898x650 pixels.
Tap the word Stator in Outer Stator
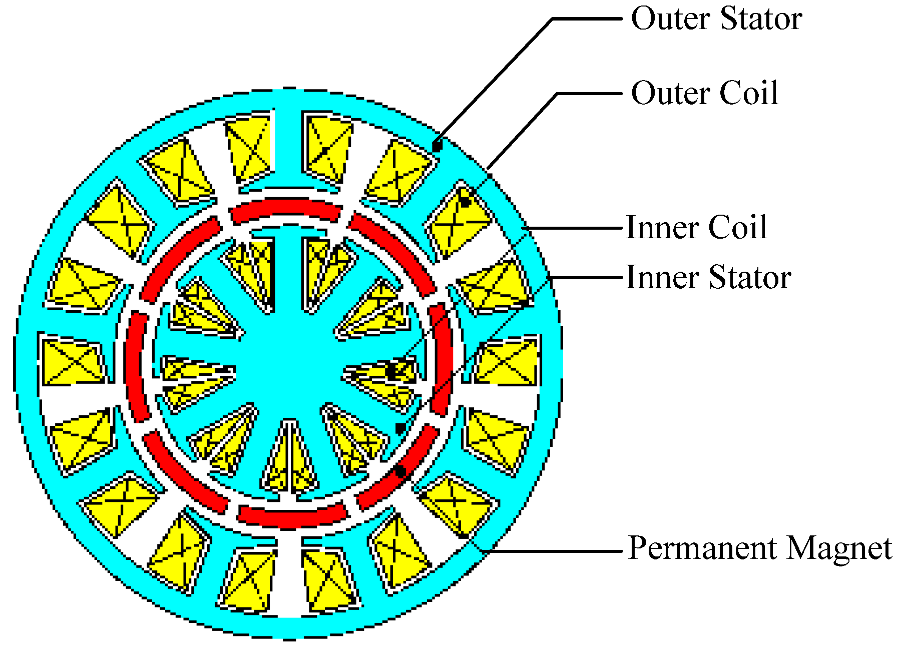(761, 19)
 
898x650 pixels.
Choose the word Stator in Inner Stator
(750, 277)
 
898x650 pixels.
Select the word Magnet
(839, 547)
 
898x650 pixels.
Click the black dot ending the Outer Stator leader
(437, 147)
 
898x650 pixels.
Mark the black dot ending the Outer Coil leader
(465, 202)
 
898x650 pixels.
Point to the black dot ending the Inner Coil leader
(390, 371)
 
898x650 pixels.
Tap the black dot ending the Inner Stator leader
(400, 428)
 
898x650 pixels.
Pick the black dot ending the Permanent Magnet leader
(400, 471)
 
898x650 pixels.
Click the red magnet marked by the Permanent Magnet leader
(395, 475)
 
